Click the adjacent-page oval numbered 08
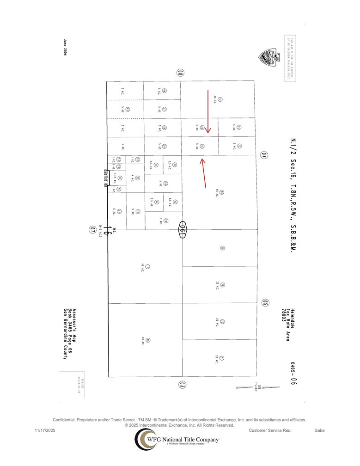[x=181, y=73]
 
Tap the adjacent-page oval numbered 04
[x=264, y=155]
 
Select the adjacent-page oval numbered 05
[x=265, y=303]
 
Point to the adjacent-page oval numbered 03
[x=183, y=384]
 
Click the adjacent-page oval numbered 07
[x=92, y=229]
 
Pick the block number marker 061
[x=183, y=229]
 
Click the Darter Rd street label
[x=105, y=177]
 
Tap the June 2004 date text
[x=65, y=47]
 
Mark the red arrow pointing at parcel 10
[x=203, y=173]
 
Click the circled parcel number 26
[x=222, y=248]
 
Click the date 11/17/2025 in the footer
[x=45, y=431]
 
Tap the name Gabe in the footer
[x=319, y=431]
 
